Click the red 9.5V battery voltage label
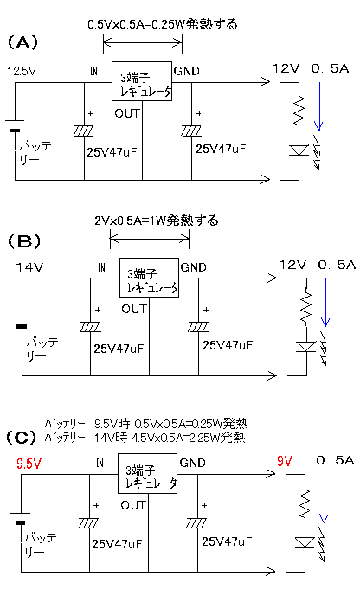tap(29, 464)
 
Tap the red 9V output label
tap(285, 461)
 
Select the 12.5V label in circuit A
tap(22, 71)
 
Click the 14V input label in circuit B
tap(29, 267)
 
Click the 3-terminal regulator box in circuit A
tap(142, 81)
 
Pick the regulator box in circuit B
tap(149, 278)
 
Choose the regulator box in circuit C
tap(147, 473)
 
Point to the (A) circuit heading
tap(22, 42)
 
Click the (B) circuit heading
tap(24, 240)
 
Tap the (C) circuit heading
tap(22, 438)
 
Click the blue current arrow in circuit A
tap(319, 106)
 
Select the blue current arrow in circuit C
tap(324, 498)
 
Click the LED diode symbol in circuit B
tap(305, 346)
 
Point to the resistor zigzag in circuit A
tap(299, 111)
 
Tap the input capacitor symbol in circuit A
tap(83, 131)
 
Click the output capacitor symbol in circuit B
tap(198, 327)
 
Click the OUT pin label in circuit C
tap(132, 505)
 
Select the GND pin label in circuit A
tap(186, 71)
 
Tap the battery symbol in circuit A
tap(15, 125)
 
